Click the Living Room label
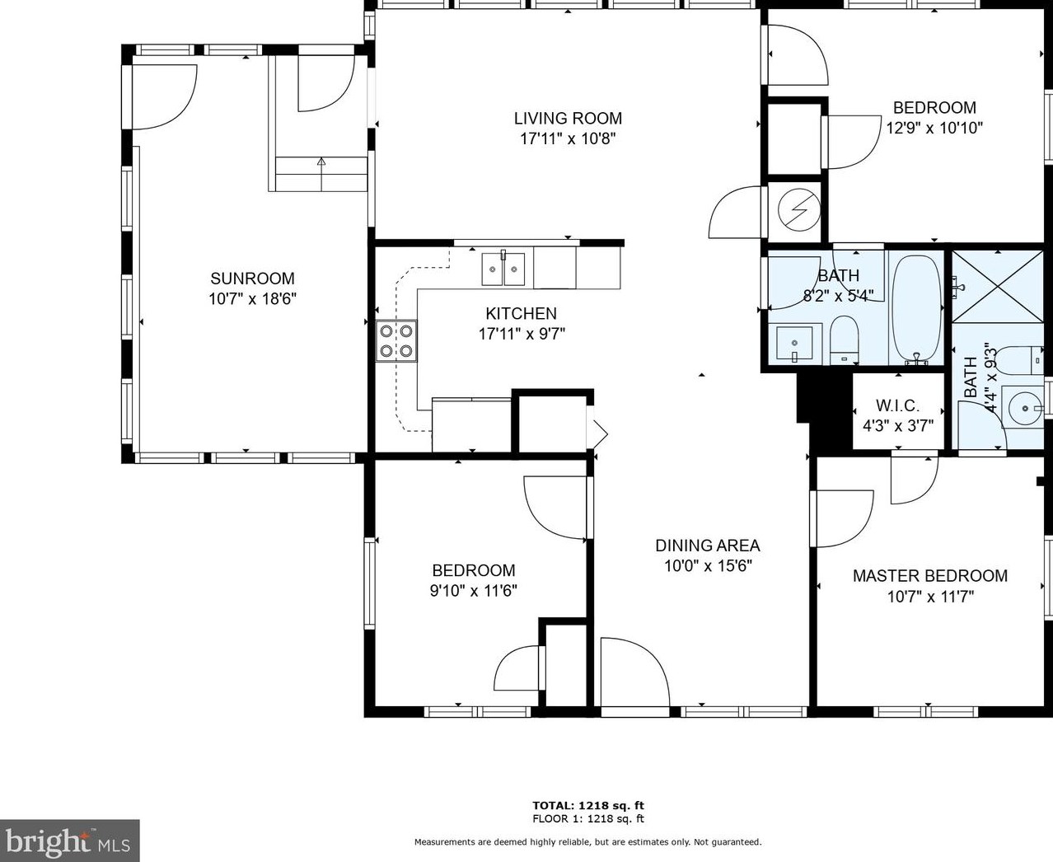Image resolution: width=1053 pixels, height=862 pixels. [x=568, y=119]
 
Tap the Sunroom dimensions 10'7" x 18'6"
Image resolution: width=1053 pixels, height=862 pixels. [x=252, y=298]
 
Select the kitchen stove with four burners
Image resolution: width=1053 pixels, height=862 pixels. [x=396, y=340]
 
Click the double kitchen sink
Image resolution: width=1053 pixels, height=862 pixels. [x=503, y=269]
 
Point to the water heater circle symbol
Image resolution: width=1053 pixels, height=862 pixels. [x=799, y=210]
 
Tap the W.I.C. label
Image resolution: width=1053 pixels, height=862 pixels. [x=897, y=405]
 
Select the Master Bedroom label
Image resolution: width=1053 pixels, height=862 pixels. [x=929, y=576]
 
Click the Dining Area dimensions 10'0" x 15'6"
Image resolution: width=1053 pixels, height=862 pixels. [x=708, y=566]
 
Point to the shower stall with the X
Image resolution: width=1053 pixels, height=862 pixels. [x=997, y=287]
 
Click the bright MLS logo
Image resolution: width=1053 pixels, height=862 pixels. [x=69, y=841]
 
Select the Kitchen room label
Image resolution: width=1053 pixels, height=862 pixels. [x=521, y=314]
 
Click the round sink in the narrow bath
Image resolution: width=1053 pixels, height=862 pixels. [x=1024, y=408]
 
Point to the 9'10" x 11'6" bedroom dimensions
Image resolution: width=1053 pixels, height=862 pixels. [x=473, y=591]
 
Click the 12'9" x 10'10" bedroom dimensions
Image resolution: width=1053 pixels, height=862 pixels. [x=934, y=129]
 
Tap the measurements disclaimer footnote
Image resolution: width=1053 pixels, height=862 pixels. [x=587, y=842]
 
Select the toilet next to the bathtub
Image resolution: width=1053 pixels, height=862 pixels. [x=844, y=340]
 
